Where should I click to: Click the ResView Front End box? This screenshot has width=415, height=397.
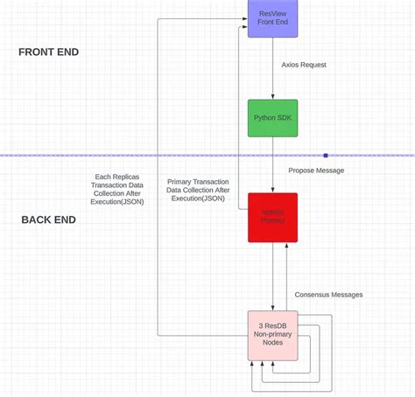pyautogui.click(x=272, y=20)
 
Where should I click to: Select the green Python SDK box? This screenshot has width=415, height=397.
pyautogui.click(x=272, y=117)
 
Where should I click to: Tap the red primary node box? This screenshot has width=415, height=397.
pyautogui.click(x=272, y=217)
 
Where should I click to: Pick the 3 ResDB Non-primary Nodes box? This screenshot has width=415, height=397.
pyautogui.click(x=272, y=336)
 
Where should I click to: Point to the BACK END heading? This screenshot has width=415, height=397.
pyautogui.click(x=49, y=219)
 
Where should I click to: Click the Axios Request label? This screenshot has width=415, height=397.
pyautogui.click(x=304, y=65)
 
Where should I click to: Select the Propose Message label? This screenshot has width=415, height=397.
pyautogui.click(x=316, y=170)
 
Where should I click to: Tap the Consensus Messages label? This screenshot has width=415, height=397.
pyautogui.click(x=328, y=295)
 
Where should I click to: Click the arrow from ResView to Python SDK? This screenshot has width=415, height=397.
pyautogui.click(x=273, y=74)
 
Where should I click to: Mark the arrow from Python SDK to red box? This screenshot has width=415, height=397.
pyautogui.click(x=273, y=166)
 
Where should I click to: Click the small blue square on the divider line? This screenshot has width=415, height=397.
pyautogui.click(x=325, y=155)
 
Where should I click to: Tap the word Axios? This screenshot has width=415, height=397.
pyautogui.click(x=292, y=65)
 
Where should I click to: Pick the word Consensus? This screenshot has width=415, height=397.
pyautogui.click(x=313, y=295)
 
